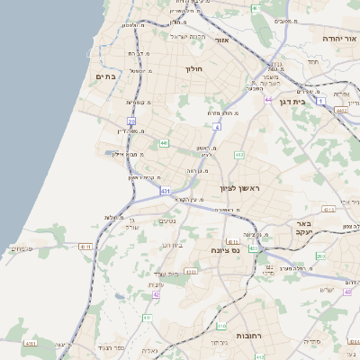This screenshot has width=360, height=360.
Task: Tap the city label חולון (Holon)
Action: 194,68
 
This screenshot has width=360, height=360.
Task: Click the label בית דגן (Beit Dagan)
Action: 312,102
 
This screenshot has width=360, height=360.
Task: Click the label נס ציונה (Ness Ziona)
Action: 224,249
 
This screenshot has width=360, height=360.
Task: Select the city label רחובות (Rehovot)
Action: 249,335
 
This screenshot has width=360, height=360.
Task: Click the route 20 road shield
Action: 131,120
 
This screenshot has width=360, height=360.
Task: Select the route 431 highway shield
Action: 166,192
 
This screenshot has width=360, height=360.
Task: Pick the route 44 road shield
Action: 268,99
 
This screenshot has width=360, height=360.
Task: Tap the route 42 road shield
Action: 156,294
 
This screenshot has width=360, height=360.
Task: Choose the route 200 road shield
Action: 320,256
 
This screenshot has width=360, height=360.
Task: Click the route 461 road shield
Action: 256,8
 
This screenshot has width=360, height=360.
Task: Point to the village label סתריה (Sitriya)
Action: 312,342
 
